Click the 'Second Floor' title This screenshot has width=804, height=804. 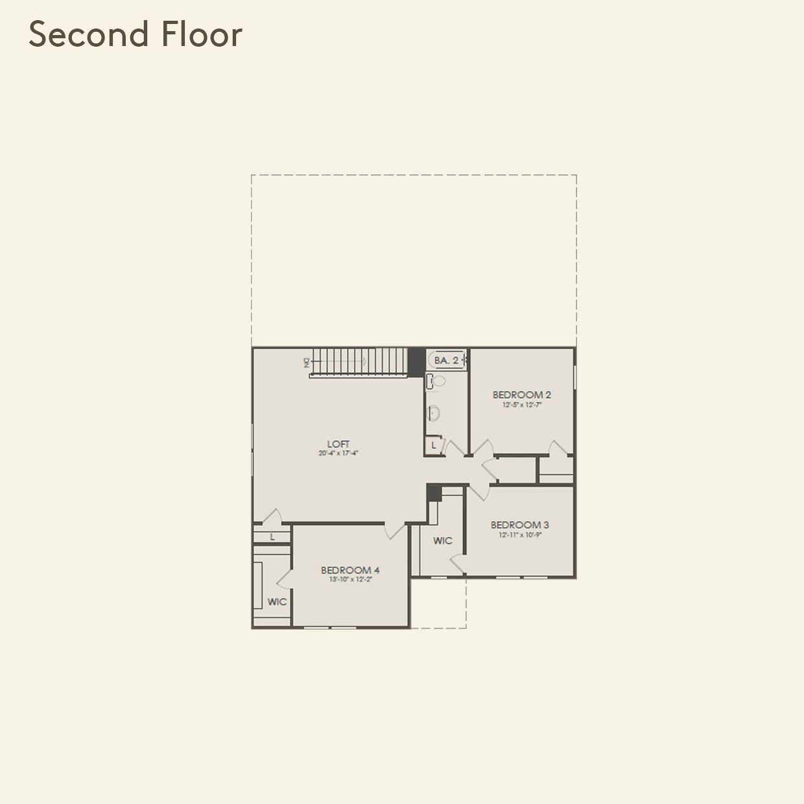(x=136, y=35)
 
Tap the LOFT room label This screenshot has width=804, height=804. (x=338, y=444)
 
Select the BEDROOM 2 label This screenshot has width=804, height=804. (x=521, y=395)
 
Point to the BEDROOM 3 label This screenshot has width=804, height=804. (x=519, y=525)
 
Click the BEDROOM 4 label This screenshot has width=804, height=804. (x=350, y=571)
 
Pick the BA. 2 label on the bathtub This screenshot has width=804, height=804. (x=446, y=360)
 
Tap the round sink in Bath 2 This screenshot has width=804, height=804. (x=435, y=412)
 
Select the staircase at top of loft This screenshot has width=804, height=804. (x=359, y=361)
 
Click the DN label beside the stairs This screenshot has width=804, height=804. (x=307, y=362)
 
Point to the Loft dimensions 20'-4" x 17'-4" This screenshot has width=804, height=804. (x=338, y=454)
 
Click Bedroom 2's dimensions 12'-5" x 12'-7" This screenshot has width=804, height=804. (x=521, y=405)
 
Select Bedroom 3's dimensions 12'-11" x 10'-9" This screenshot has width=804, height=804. (x=519, y=535)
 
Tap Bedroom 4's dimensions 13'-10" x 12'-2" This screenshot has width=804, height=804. (x=350, y=580)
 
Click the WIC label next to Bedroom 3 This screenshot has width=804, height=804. (x=443, y=541)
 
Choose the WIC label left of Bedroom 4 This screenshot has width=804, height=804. (x=277, y=602)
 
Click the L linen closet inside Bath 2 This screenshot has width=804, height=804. (x=434, y=445)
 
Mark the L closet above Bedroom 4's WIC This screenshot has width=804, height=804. (x=272, y=537)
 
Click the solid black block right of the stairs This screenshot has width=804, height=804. (x=416, y=361)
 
